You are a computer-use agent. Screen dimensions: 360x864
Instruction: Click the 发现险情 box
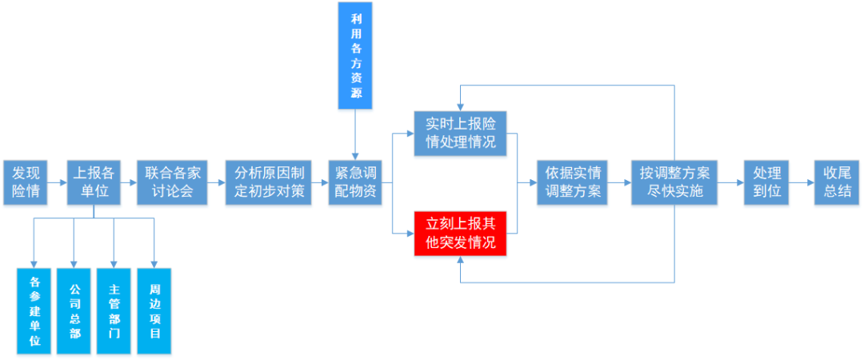24,182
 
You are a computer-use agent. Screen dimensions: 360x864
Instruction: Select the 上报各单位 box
94,182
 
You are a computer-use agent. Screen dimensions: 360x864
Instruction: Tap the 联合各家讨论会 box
174,182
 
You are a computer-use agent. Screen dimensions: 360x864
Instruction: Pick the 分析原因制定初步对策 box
268,182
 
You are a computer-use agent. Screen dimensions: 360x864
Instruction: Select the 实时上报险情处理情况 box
461,133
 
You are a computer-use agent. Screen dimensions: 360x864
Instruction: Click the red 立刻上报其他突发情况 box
461,233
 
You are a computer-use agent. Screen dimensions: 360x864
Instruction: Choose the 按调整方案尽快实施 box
672,182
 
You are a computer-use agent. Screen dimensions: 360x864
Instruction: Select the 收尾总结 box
837,182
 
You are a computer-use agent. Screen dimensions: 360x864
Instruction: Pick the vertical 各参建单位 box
34,310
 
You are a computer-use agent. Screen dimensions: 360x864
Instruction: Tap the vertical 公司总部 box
74,310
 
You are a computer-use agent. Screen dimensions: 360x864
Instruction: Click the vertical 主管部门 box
114,310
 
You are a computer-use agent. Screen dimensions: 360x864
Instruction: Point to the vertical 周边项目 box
154,310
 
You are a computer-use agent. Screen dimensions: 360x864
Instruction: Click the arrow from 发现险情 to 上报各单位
56,182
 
